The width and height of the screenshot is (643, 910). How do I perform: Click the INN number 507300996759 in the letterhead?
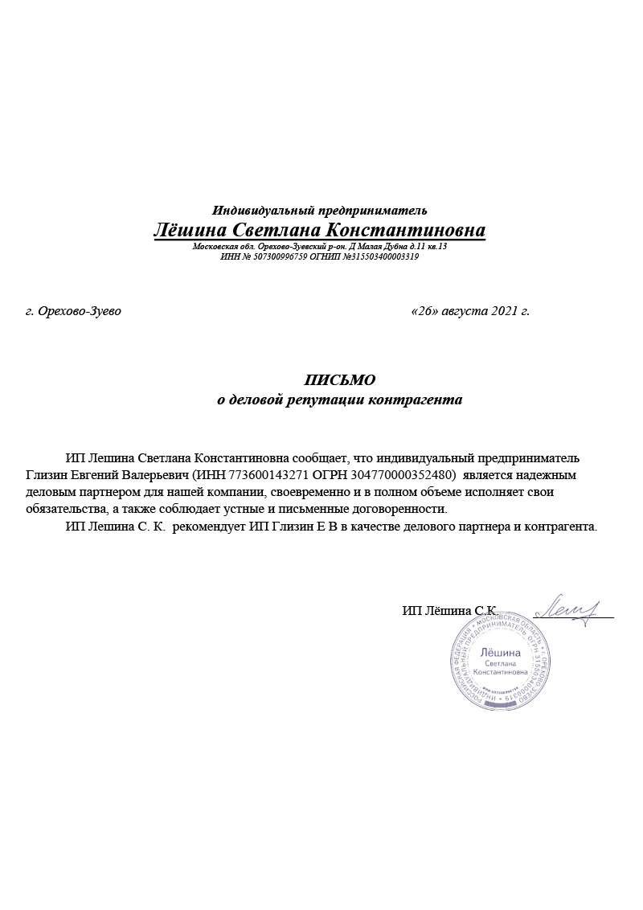pyautogui.click(x=279, y=257)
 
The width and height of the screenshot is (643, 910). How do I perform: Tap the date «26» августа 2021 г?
pyautogui.click(x=470, y=311)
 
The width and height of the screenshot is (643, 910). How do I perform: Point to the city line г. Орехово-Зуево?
pyautogui.click(x=73, y=311)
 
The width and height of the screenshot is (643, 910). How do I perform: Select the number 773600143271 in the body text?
pyautogui.click(x=264, y=475)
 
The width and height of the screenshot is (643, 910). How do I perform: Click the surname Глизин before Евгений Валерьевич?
pyautogui.click(x=47, y=475)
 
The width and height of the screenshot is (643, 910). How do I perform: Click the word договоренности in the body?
pyautogui.click(x=403, y=510)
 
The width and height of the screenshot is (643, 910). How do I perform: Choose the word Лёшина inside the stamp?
pyautogui.click(x=500, y=652)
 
